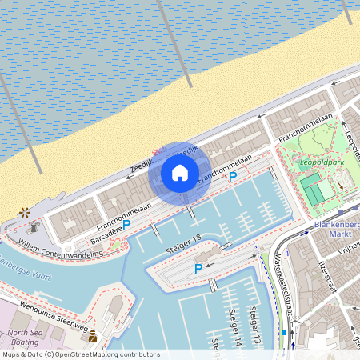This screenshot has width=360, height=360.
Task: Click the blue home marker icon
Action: point(180,172)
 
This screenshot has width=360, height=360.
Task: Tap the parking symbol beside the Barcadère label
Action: point(126,226)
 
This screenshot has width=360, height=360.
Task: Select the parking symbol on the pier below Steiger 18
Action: point(198,269)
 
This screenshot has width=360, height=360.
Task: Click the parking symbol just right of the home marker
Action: point(233,176)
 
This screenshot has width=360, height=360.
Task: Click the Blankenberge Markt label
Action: point(337,230)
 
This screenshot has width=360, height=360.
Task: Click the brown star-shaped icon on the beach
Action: point(26,212)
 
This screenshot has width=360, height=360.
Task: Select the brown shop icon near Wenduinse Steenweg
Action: point(93,335)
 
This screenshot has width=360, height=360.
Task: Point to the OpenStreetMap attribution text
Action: point(80,354)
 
